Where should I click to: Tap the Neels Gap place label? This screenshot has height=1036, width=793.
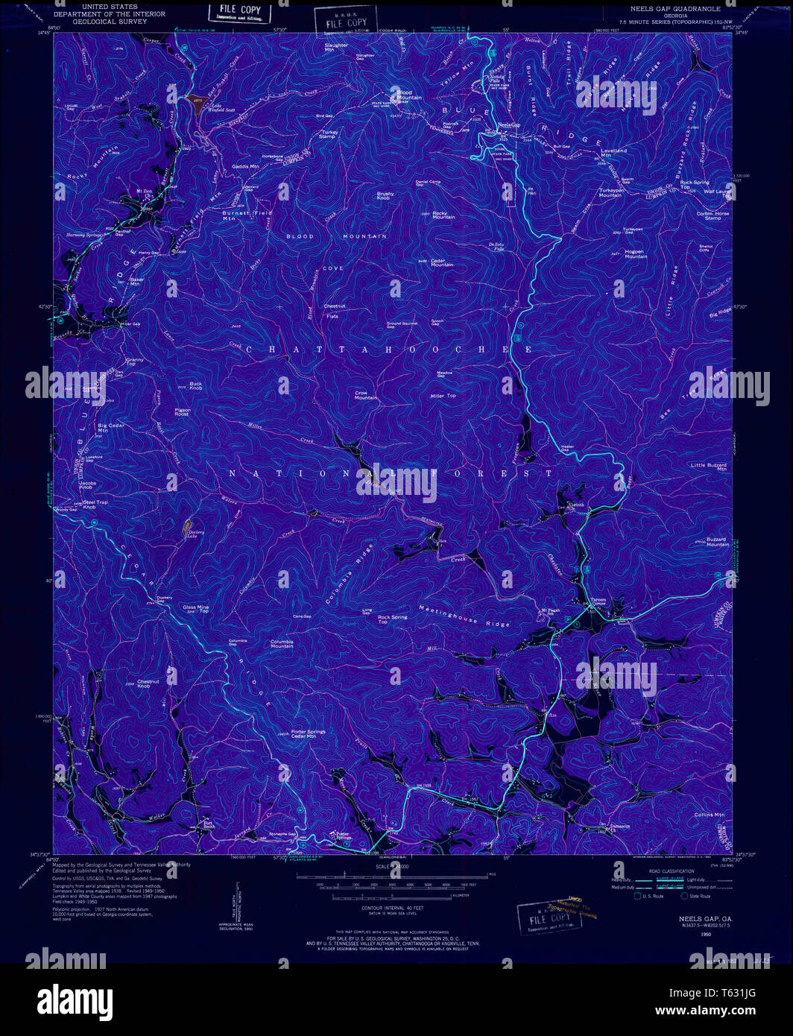[508, 124]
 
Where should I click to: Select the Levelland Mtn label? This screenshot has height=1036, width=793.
[614, 153]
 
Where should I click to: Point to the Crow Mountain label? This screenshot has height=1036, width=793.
[366, 395]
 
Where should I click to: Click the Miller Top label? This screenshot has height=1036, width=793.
[443, 396]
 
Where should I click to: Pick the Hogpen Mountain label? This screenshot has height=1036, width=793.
[634, 253]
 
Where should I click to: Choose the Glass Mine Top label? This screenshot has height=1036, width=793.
[196, 609]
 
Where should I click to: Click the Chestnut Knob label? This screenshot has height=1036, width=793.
[148, 683]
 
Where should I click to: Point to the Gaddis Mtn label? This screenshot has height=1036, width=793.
[245, 166]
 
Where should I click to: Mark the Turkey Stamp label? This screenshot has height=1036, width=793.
[329, 134]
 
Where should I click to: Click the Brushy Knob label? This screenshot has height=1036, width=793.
[385, 196]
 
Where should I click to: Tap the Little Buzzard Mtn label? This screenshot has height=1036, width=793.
[708, 467]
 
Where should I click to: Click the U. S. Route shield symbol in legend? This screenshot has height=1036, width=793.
[637, 896]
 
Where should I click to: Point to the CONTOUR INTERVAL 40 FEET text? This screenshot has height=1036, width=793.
[402, 908]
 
